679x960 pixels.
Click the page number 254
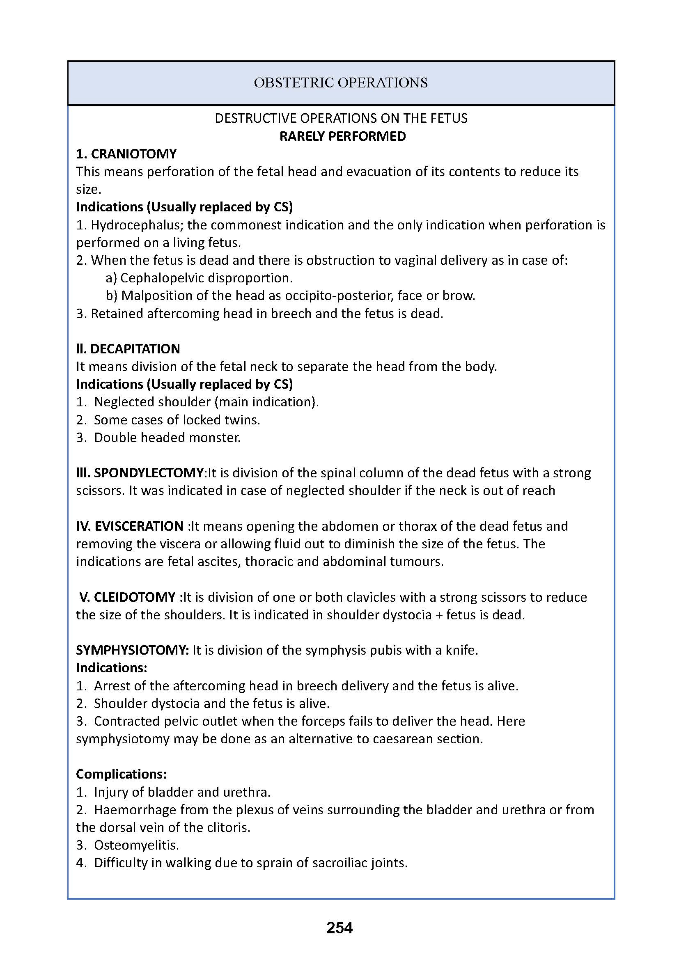pos(339,928)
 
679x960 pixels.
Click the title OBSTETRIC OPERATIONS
pos(341,83)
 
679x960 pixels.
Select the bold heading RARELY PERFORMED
pos(342,136)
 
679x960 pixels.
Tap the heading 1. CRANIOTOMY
pos(126,154)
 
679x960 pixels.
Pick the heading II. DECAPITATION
pos(128,349)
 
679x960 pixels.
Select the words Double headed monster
pos(167,438)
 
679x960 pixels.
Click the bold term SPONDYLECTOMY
pos(149,473)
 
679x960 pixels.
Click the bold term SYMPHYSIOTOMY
pos(132,650)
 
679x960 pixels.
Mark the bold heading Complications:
pos(121,774)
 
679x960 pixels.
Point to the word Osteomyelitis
pos(136,845)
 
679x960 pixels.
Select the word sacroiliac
pos(331,863)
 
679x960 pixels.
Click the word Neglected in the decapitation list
pos(123,402)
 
